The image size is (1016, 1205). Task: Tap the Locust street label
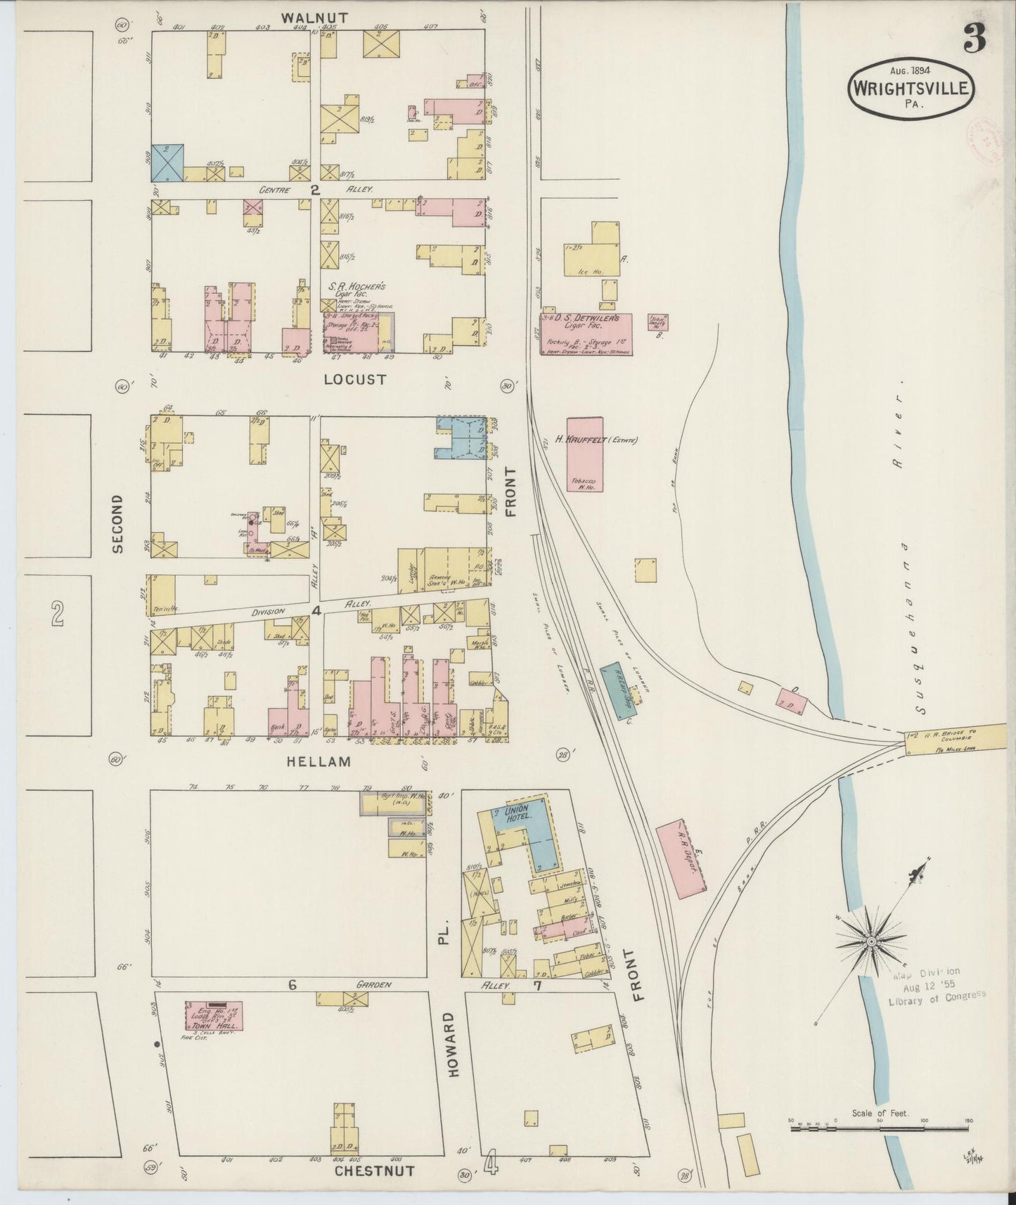pos(355,380)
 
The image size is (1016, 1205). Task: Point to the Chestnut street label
pos(373,1171)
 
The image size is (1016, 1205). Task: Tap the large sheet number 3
pos(974,40)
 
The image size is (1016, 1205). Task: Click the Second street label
pos(117,524)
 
